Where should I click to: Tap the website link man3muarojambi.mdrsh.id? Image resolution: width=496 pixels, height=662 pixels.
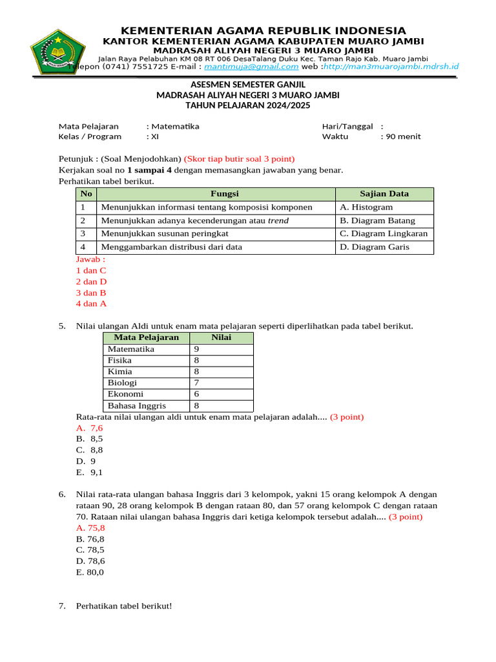(x=391, y=66)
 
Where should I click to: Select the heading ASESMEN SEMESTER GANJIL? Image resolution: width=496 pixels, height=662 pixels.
(x=248, y=85)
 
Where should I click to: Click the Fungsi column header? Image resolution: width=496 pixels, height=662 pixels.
(x=216, y=194)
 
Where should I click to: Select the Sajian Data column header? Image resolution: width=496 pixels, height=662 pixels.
(x=384, y=194)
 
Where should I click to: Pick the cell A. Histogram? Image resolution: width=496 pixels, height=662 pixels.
(x=366, y=207)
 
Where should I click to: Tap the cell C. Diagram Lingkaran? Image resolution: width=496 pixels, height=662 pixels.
(x=384, y=233)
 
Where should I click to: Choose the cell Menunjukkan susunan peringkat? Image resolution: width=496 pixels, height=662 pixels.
(x=170, y=233)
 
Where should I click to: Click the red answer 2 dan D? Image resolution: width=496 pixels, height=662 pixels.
(x=91, y=282)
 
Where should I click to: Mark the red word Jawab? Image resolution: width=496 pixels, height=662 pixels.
(x=90, y=259)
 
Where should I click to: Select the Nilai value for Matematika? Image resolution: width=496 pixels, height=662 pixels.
(x=196, y=349)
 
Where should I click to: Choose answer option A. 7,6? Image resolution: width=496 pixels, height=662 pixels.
(x=90, y=428)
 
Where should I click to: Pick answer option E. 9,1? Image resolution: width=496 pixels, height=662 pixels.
(x=89, y=473)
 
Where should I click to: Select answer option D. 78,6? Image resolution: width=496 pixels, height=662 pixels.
(x=90, y=561)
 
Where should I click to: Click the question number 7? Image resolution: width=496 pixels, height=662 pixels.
(x=62, y=606)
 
